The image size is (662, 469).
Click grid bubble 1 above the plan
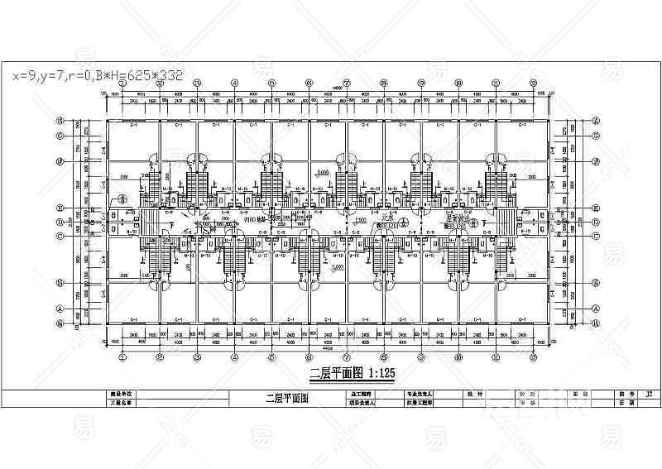pyautogui.click(x=122, y=83)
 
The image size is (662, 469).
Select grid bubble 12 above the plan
pyautogui.click(x=533, y=83)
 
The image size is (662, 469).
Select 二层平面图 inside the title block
pyautogui.click(x=286, y=399)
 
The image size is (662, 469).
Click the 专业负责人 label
pyautogui.click(x=421, y=395)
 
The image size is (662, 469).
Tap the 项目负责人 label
pyautogui.click(x=358, y=404)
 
